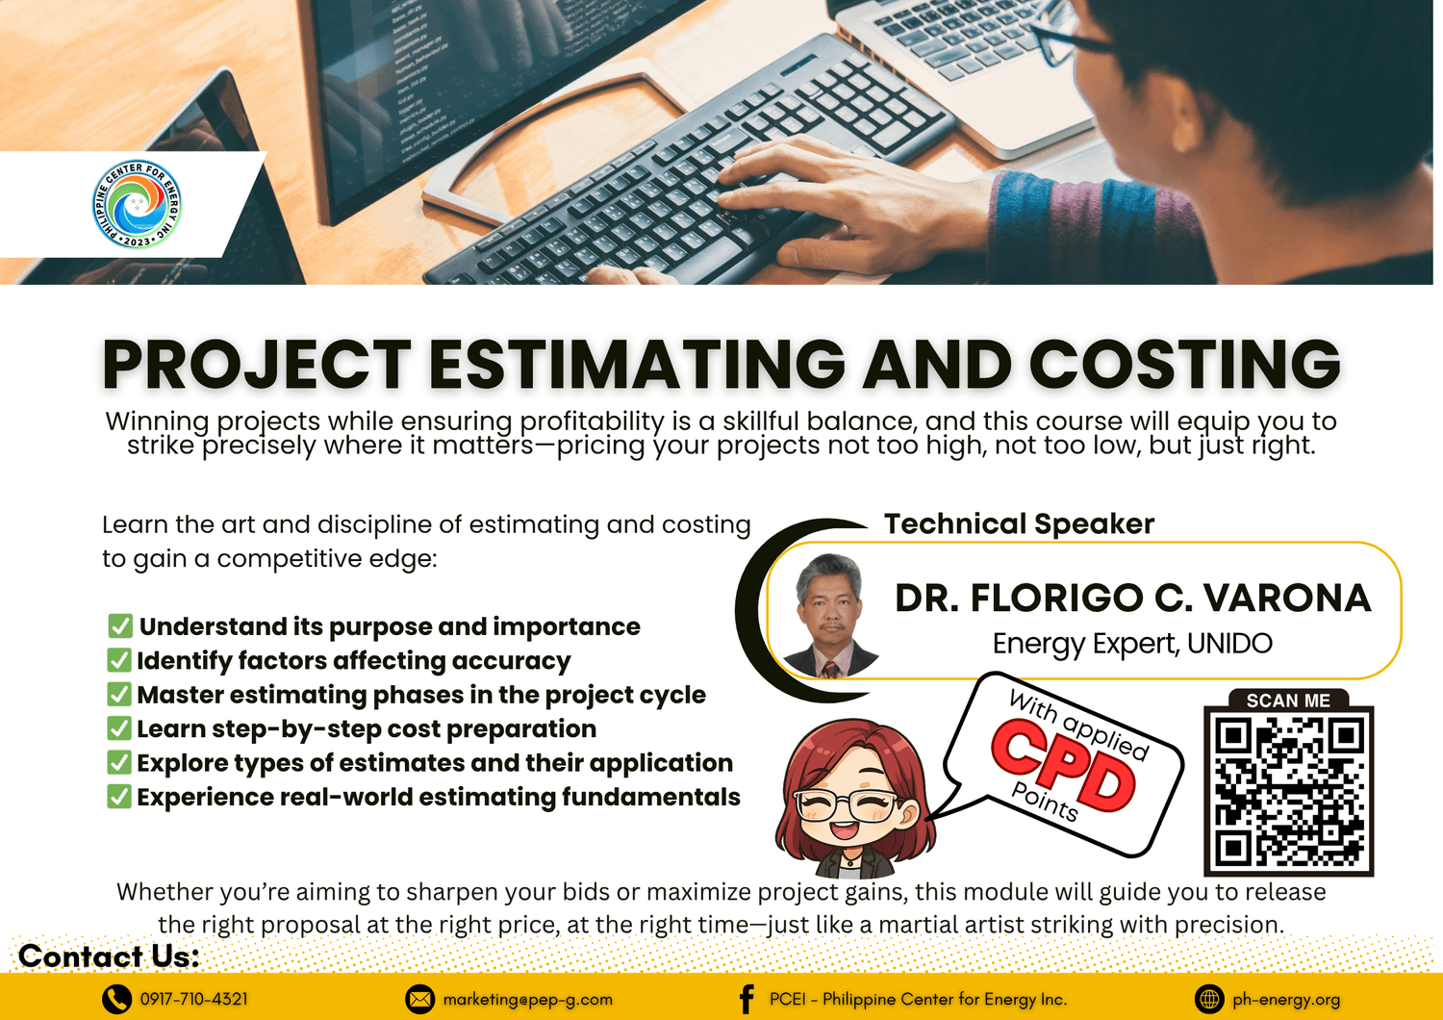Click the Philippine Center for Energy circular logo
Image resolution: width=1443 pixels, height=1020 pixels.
point(137,204)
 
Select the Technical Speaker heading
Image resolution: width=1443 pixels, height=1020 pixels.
point(1019,523)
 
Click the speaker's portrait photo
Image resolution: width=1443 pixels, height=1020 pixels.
point(830,615)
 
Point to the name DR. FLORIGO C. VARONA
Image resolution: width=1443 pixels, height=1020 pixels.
point(1132,598)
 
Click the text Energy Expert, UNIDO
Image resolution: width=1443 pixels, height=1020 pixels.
point(1132,644)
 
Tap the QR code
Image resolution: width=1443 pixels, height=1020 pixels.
point(1288,791)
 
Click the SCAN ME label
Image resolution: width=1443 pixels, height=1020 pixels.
point(1288,701)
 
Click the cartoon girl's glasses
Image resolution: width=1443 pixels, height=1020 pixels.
point(846,805)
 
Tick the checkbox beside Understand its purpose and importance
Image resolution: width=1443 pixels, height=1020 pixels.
point(120,625)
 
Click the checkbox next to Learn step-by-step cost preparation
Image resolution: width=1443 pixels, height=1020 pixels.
point(119,728)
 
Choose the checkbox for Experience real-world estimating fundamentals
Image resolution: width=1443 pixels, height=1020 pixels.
point(119,797)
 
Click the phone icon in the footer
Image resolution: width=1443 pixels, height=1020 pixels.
point(116,1000)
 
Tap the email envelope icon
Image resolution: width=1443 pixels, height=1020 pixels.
point(419,1000)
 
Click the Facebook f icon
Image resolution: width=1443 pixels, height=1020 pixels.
point(747,1000)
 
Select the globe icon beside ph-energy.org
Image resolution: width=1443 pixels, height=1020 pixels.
point(1209,1000)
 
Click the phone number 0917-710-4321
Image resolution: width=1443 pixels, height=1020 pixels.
point(194,1000)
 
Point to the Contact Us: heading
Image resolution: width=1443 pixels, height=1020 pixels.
point(109,956)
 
